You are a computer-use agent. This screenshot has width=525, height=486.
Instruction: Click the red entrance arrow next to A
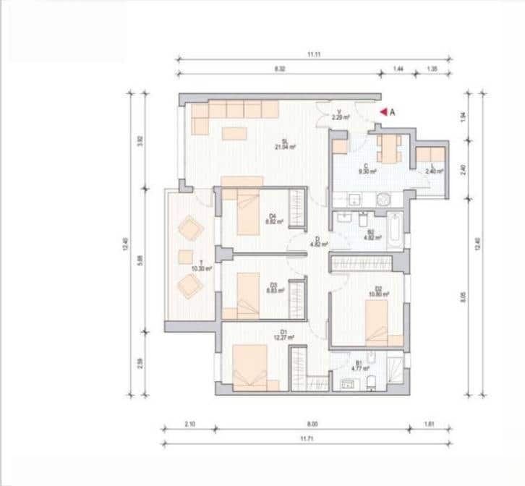(x=383, y=112)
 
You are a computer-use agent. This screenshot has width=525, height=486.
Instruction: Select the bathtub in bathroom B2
(x=393, y=231)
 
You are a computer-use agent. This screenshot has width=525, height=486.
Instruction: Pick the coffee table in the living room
(x=234, y=133)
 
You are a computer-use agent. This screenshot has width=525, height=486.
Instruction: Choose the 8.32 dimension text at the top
(x=279, y=67)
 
